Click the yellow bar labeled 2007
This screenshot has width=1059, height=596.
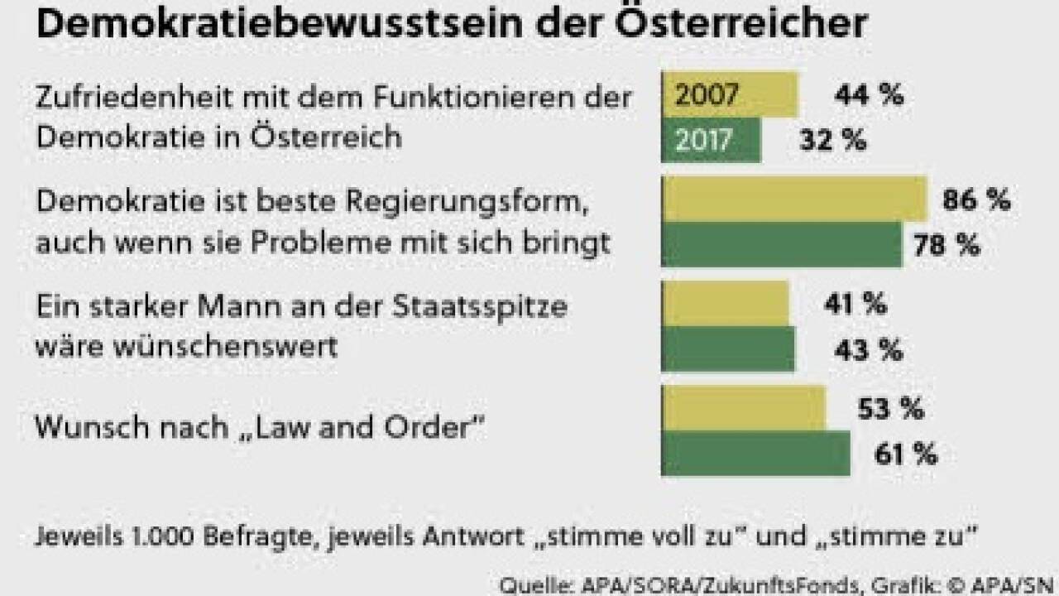click(730, 94)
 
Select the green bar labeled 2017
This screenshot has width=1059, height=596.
click(712, 140)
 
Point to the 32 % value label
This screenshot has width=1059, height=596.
click(833, 141)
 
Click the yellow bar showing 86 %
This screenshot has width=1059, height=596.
click(794, 199)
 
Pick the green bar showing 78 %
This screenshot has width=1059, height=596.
click(782, 245)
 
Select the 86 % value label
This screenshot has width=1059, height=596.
click(976, 200)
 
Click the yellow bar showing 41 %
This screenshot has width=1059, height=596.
click(726, 304)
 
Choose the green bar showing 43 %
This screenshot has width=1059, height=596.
click(728, 349)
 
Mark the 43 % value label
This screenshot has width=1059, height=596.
click(868, 350)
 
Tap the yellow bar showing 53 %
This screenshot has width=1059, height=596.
click(744, 409)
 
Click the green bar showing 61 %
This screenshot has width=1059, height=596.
click(756, 454)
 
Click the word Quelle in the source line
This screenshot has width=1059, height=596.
click(529, 585)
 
